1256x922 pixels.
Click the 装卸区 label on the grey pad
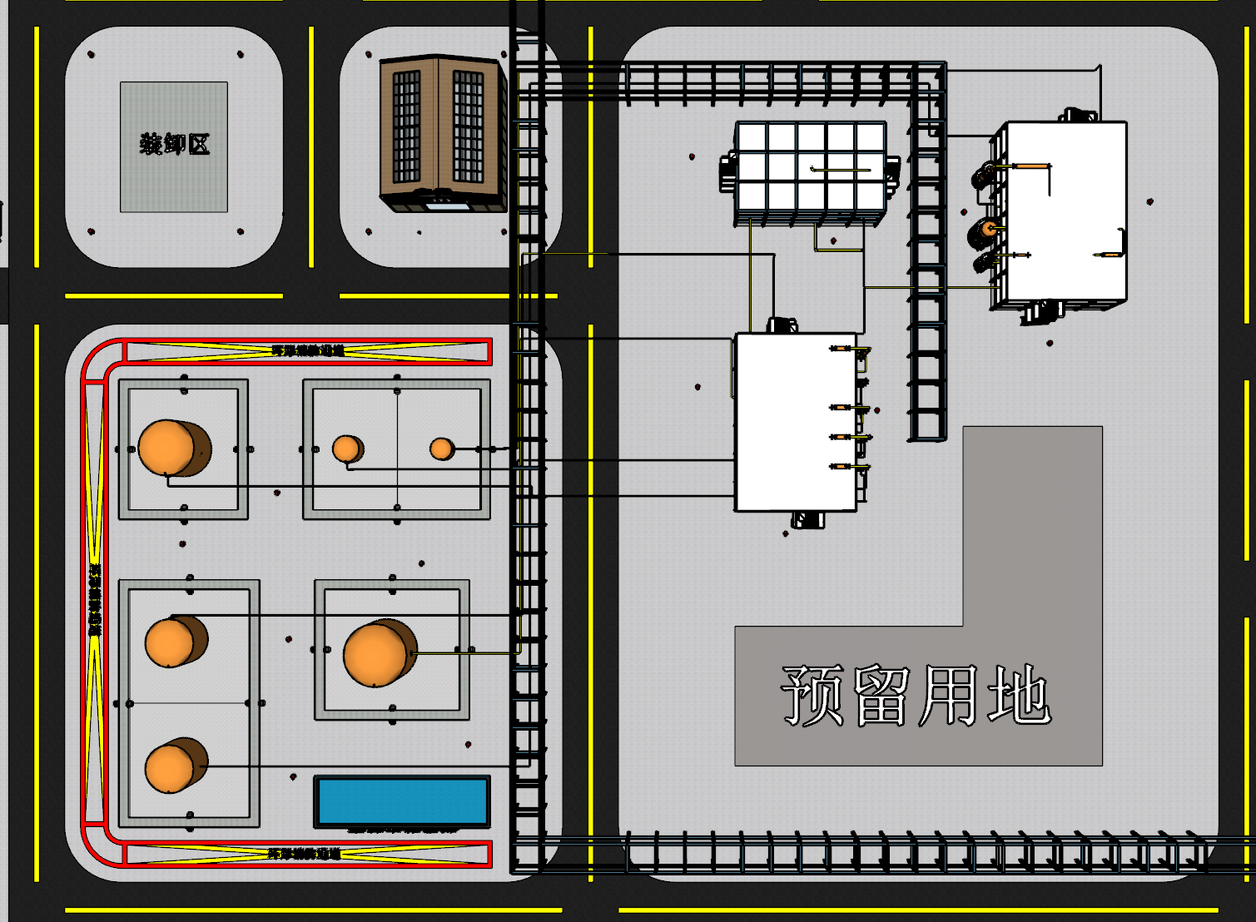pyautogui.click(x=174, y=144)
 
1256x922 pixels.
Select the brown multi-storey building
pyautogui.click(x=442, y=133)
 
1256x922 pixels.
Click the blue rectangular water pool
pyautogui.click(x=402, y=801)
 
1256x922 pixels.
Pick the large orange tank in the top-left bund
pyautogui.click(x=169, y=448)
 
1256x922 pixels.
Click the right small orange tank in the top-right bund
pyautogui.click(x=440, y=449)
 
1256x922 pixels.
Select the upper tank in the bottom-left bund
pyautogui.click(x=171, y=642)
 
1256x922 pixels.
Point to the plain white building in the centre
pyautogui.click(x=795, y=422)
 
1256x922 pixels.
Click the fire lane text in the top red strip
pyautogui.click(x=307, y=351)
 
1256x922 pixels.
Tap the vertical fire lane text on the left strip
pyautogui.click(x=95, y=600)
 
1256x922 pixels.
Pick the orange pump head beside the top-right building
pyautogui.click(x=989, y=228)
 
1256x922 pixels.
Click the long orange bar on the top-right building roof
pyautogui.click(x=1031, y=166)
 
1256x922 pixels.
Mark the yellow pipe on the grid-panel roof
pyautogui.click(x=841, y=170)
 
